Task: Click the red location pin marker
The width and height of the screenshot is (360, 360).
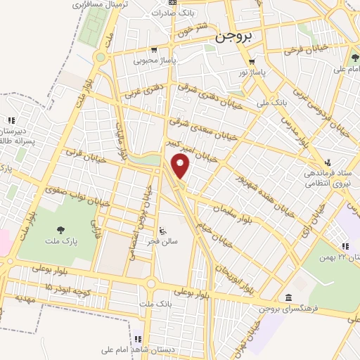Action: click(x=181, y=167)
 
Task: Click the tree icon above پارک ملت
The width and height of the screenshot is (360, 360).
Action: click(x=60, y=229)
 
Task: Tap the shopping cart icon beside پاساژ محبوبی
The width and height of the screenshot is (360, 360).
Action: click(x=154, y=50)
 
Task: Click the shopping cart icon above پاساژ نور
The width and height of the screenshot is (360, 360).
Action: click(x=252, y=60)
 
